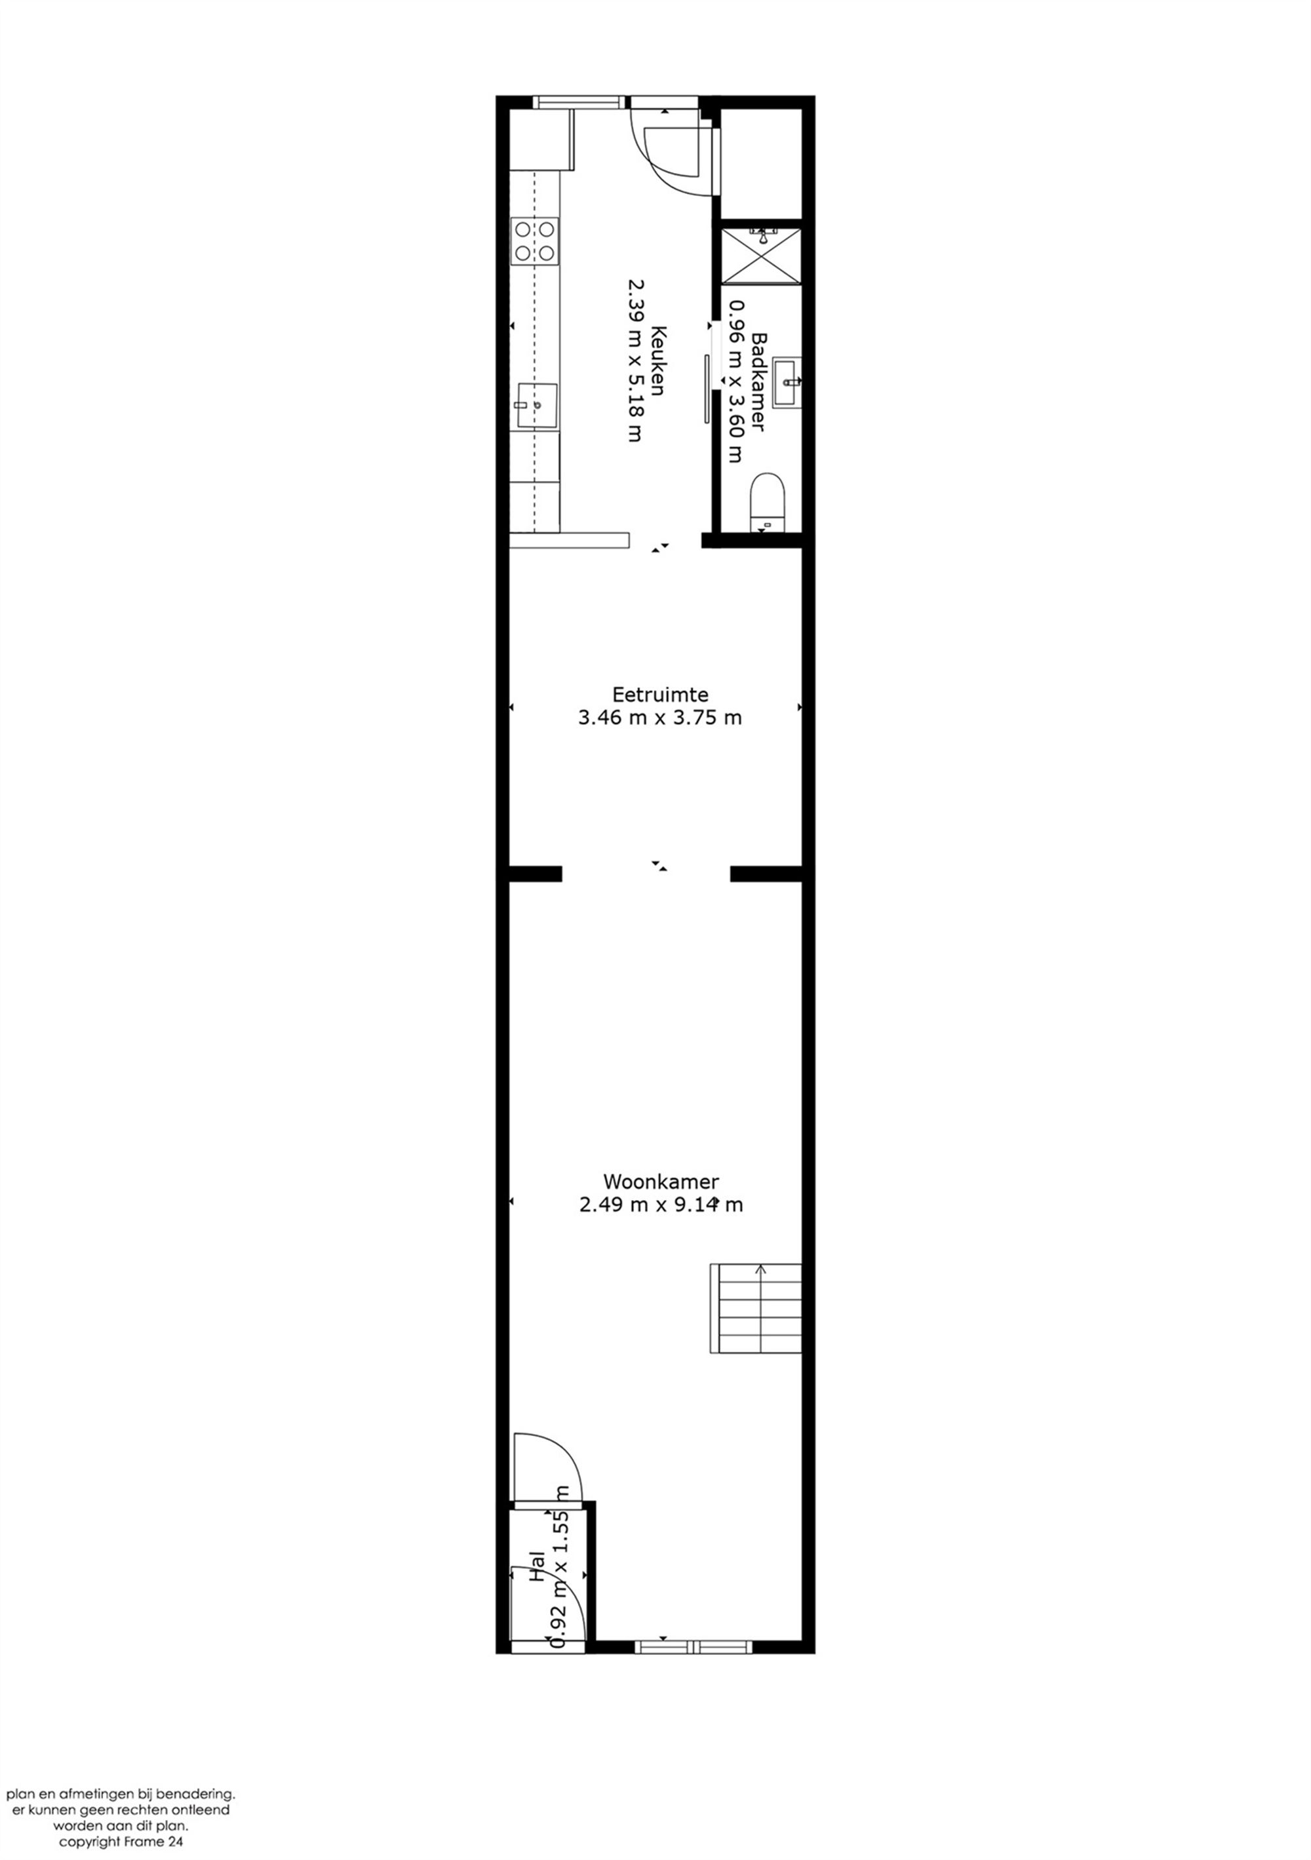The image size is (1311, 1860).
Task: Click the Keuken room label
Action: [658, 360]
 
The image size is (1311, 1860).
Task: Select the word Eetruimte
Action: [660, 694]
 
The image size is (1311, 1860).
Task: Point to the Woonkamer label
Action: [660, 1181]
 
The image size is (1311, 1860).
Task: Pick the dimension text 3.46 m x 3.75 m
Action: [660, 718]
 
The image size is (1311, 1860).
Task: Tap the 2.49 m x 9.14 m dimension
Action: [660, 1205]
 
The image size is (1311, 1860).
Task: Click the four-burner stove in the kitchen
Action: [535, 241]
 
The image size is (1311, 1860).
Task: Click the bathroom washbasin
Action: [787, 381]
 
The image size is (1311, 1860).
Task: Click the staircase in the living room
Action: [755, 1308]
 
